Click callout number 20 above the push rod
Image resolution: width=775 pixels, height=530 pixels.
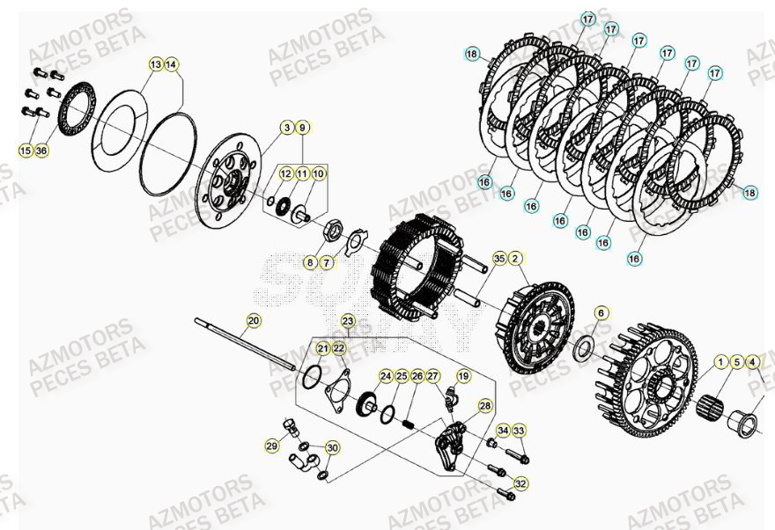coord(254,321)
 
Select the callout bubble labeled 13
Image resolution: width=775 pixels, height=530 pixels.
coord(155,64)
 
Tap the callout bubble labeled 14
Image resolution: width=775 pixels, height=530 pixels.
coord(171,64)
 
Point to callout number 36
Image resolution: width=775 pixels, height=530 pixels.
coord(42,151)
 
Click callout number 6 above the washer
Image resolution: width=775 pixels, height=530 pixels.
coord(602,313)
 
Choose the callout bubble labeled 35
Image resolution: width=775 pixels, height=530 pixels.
coord(499,259)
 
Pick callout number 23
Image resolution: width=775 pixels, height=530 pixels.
coord(348,321)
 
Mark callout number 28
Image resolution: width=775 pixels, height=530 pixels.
coord(484,406)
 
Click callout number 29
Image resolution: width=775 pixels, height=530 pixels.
coord(271,447)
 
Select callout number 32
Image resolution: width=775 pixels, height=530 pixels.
coord(521,483)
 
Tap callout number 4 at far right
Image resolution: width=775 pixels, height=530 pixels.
coord(752,362)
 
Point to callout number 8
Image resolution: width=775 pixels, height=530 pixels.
coord(310,262)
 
